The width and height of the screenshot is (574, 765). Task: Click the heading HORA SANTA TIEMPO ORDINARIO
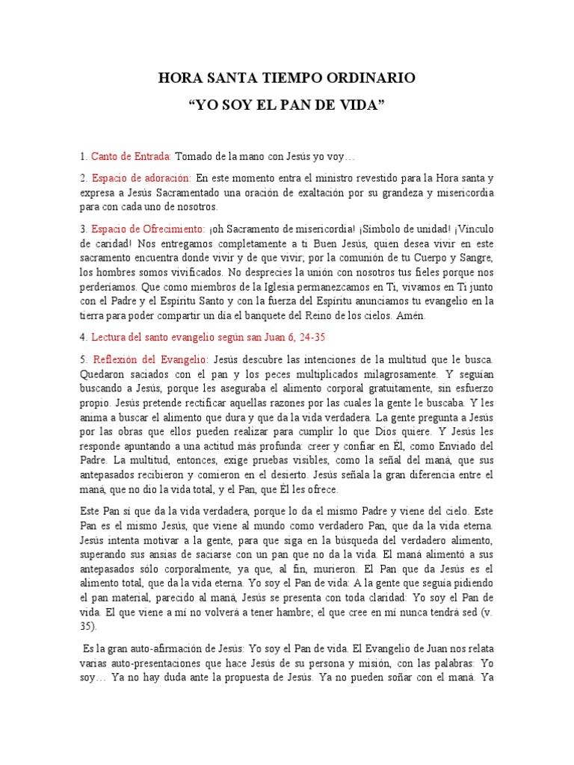[x=287, y=78]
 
